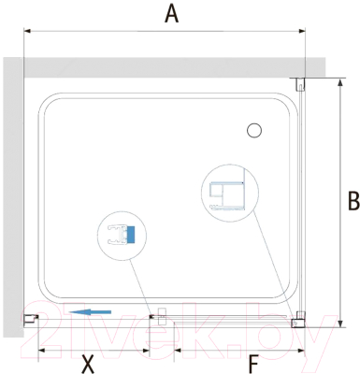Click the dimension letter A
pos(171,14)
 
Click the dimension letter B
pos(353,201)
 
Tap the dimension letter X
pos(88,364)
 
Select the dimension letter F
pos(253,364)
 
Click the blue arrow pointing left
pos(90,311)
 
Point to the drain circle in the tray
pos(254,131)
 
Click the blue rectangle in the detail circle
pos(131,235)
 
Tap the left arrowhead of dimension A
pos(27,31)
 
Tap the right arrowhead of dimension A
pos(302,31)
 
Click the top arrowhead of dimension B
pos(340,82)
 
